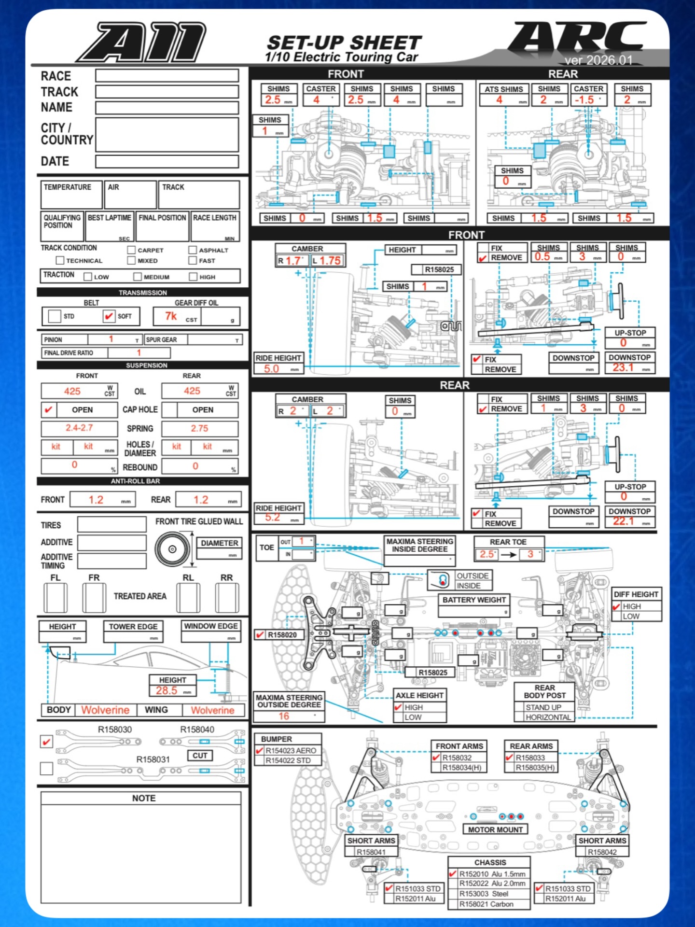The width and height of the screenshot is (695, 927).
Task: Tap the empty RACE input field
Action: pos(167,75)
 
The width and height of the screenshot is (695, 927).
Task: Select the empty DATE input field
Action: pos(167,161)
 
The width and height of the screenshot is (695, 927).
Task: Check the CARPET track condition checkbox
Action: pos(131,250)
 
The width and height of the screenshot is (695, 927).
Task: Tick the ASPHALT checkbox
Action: pos(193,250)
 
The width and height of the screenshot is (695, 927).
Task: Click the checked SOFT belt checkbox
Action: pos(109,316)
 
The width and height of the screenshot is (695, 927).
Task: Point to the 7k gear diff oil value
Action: pos(171,316)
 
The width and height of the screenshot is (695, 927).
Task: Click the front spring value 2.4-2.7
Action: pos(80,428)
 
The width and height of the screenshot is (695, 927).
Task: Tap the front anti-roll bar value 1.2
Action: pos(96,500)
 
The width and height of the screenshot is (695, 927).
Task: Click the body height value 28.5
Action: pos(167,690)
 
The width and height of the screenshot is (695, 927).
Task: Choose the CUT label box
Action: pos(200,756)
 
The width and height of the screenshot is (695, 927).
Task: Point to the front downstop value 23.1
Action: pos(623,367)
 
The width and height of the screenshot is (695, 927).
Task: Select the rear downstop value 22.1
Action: pos(623,521)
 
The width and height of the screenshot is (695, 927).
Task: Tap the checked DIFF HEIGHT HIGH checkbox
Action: pos(616,606)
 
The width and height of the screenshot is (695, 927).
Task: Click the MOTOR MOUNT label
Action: pos(495,829)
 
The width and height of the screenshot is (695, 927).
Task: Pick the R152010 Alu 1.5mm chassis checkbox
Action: pos(453,874)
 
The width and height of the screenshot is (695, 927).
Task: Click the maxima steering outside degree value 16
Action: pos(284,716)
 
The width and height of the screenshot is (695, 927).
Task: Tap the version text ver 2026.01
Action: pos(598,60)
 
